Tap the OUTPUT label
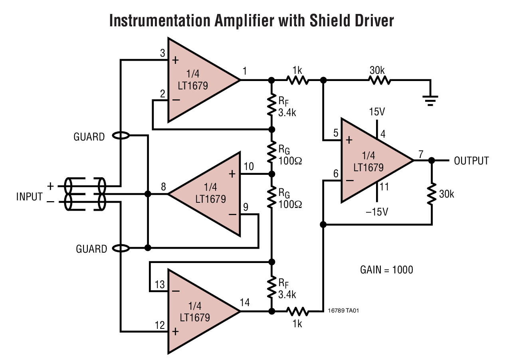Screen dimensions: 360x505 point(471,161)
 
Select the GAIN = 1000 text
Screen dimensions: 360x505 point(386,270)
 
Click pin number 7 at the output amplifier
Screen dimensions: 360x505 point(421,154)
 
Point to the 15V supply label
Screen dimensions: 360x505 point(377,112)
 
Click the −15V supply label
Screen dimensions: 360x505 point(377,212)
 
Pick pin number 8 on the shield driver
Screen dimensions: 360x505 point(163,187)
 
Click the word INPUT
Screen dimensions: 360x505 point(29,196)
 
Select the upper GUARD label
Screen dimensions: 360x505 point(89,137)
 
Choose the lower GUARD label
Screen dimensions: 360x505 point(91,249)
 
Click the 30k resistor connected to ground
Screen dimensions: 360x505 point(380,80)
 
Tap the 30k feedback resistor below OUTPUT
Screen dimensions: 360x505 point(432,194)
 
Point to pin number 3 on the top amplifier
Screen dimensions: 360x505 point(162,53)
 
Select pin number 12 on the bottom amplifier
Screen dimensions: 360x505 point(160,325)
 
